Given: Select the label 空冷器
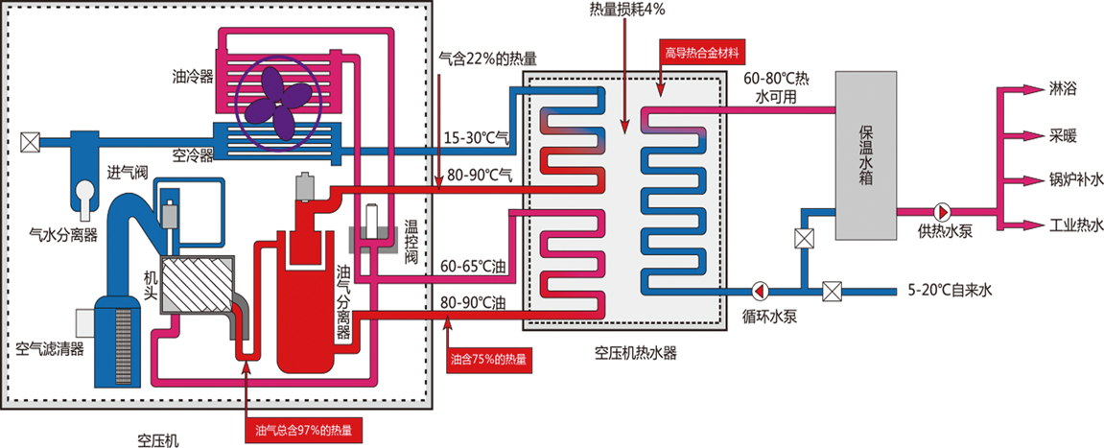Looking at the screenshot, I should [x=194, y=154].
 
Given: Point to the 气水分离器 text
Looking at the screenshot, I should [x=63, y=233].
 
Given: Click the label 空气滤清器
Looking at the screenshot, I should [x=50, y=347].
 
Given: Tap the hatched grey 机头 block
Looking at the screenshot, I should [x=197, y=285].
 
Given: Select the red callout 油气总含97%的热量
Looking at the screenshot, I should [x=303, y=431].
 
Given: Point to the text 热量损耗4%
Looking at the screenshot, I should [x=628, y=10].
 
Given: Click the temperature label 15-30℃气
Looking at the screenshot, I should [x=474, y=138].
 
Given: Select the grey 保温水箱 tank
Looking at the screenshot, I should [x=866, y=155].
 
